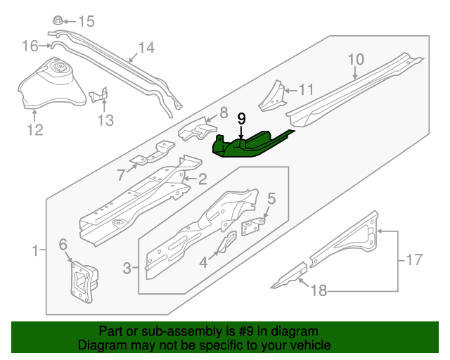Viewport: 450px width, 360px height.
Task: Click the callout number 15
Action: (x=85, y=20)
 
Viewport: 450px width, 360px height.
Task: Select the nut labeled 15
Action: (x=59, y=20)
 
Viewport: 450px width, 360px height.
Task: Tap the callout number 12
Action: (x=34, y=129)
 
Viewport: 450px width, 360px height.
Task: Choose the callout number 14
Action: (x=146, y=49)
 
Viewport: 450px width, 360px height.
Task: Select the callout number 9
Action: (x=241, y=118)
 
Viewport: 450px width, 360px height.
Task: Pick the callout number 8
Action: (x=224, y=112)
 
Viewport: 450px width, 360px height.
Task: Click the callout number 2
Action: (x=202, y=179)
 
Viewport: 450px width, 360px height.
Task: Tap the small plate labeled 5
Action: (x=255, y=225)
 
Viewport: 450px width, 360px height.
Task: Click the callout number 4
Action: (x=203, y=262)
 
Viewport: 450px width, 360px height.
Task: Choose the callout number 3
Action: (x=127, y=268)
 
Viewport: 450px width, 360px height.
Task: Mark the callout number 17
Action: (x=415, y=260)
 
